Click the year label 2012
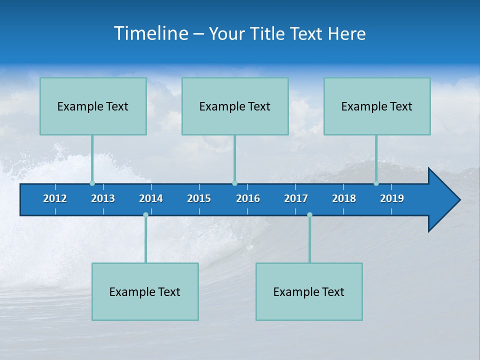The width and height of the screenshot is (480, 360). pyautogui.click(x=55, y=198)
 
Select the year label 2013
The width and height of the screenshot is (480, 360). pyautogui.click(x=103, y=198)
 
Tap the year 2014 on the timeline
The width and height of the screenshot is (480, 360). pyautogui.click(x=151, y=198)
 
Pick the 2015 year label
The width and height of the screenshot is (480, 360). pyautogui.click(x=199, y=198)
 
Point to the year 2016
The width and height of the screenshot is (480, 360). pyautogui.click(x=248, y=198)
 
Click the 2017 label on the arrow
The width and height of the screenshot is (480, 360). pyautogui.click(x=296, y=198)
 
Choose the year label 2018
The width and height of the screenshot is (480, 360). pyautogui.click(x=344, y=198)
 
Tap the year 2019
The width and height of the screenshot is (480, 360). pyautogui.click(x=392, y=198)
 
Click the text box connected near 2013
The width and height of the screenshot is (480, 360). pyautogui.click(x=93, y=106)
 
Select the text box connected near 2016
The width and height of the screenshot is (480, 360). pyautogui.click(x=235, y=106)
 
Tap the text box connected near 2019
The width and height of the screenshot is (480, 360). pyautogui.click(x=377, y=106)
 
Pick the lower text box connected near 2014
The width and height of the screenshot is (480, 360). pyautogui.click(x=145, y=291)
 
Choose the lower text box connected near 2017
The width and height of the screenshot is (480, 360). pyautogui.click(x=309, y=291)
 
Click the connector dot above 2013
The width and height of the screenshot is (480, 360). pyautogui.click(x=92, y=183)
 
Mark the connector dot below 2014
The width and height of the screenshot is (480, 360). pyautogui.click(x=145, y=214)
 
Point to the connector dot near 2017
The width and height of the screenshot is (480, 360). pyautogui.click(x=309, y=214)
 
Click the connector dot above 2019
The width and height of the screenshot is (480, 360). pyautogui.click(x=376, y=183)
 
